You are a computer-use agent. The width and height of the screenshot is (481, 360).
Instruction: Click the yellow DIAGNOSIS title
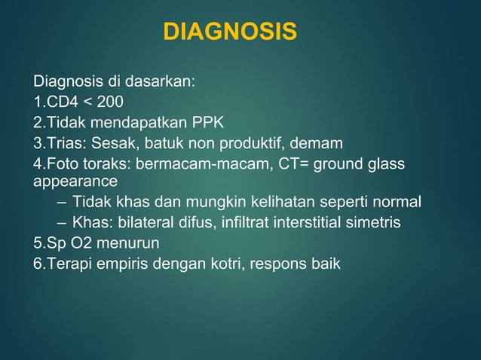[230, 32]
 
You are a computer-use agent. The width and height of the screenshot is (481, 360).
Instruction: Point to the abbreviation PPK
[207, 122]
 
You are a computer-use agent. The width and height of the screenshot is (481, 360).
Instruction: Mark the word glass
[385, 163]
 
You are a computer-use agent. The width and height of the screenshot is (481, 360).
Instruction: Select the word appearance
[75, 182]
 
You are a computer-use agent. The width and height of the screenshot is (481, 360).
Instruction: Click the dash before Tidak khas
[60, 203]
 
